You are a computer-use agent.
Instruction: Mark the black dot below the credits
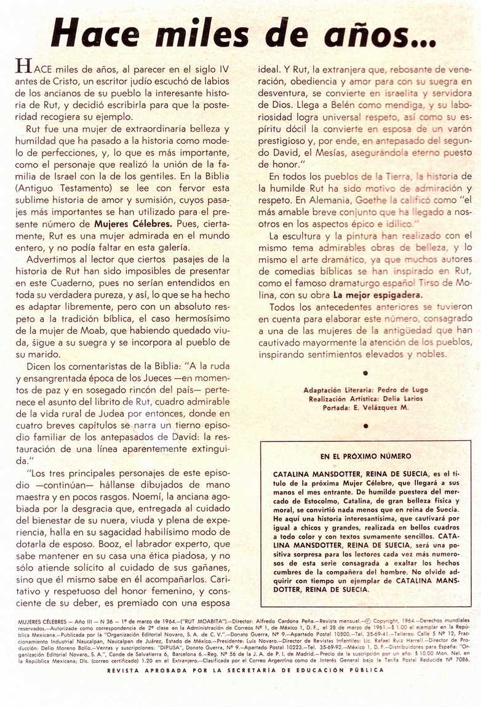coord(365,425)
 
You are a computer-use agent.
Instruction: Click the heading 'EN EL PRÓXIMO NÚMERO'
coord(366,457)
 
